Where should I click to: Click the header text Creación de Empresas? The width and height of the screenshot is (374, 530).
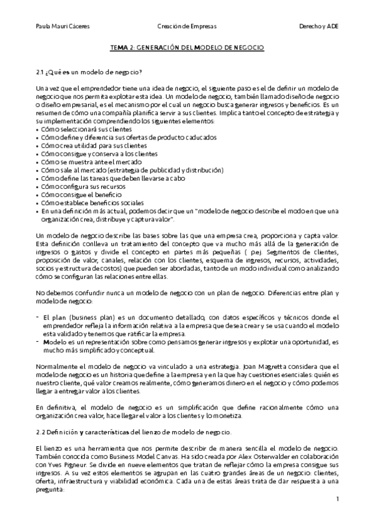coord(186,26)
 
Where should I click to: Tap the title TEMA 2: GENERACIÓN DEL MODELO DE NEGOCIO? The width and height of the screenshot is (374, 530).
coord(187,47)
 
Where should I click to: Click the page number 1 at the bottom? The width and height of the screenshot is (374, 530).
coord(337,499)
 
